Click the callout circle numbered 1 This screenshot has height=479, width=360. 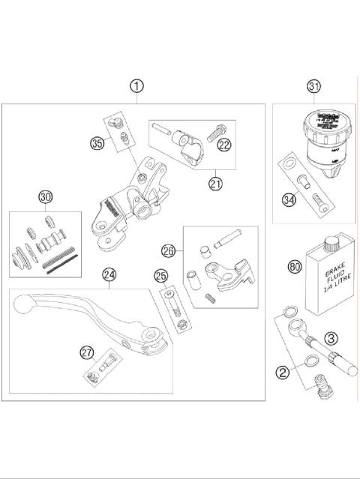pyautogui.click(x=136, y=86)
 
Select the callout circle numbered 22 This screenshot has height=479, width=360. pyautogui.click(x=224, y=145)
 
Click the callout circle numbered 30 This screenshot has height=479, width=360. pyautogui.click(x=46, y=197)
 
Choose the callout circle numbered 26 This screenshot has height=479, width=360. pyautogui.click(x=169, y=250)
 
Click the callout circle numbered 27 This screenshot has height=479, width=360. pyautogui.click(x=88, y=352)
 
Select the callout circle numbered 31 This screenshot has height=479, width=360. pyautogui.click(x=313, y=88)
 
